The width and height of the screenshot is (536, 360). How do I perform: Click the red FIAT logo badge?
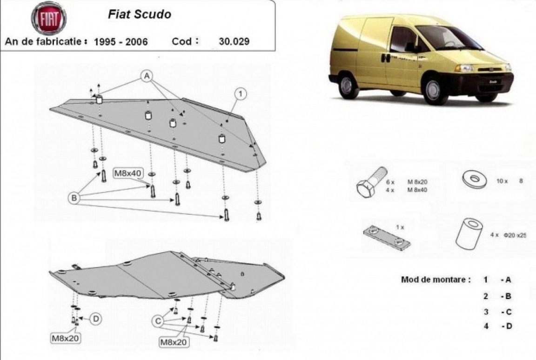pyautogui.click(x=48, y=19)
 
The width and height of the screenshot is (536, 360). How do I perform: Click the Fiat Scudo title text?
pyautogui.click(x=140, y=14)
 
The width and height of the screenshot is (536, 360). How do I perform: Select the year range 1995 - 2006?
pyautogui.click(x=121, y=41)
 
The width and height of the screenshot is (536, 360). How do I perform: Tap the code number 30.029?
pyautogui.click(x=234, y=41)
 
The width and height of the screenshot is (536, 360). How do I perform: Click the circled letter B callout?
pyautogui.click(x=73, y=198)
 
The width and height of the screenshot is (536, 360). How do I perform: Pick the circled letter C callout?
pyautogui.click(x=158, y=320)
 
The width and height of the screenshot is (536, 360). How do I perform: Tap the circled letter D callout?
pyautogui.click(x=95, y=319)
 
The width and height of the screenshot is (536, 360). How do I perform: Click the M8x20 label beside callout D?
pyautogui.click(x=65, y=338)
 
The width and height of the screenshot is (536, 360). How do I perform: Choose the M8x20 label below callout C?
pyautogui.click(x=174, y=343)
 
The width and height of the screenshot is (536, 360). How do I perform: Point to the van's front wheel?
pyautogui.click(x=435, y=90)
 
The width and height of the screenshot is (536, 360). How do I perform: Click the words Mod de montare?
pyautogui.click(x=435, y=280)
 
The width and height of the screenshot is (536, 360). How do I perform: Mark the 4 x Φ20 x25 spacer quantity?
pyautogui.click(x=508, y=236)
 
